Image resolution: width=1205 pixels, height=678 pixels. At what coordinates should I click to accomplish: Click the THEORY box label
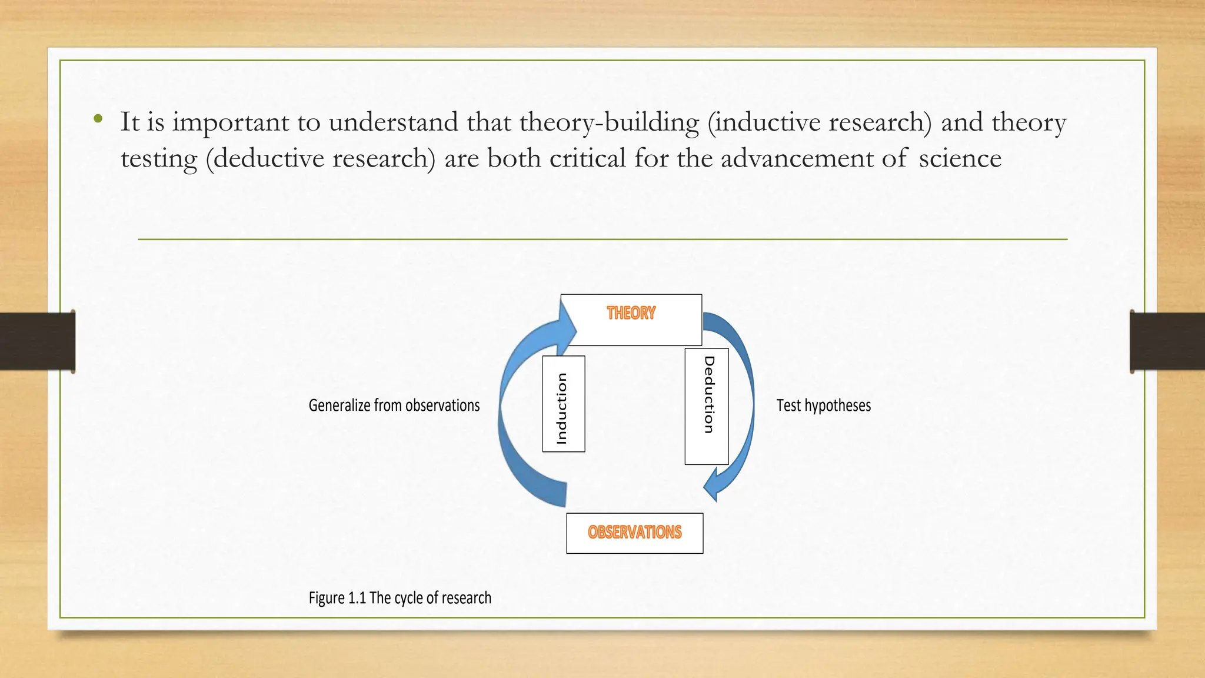631,313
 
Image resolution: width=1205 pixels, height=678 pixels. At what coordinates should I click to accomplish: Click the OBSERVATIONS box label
634,533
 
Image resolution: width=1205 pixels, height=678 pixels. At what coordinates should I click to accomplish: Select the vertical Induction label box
563,404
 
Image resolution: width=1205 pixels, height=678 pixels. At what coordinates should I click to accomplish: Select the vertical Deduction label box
707,406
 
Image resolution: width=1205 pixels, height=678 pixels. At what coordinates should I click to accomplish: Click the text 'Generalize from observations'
394,406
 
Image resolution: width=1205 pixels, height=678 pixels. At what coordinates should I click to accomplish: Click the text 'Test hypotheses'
823,406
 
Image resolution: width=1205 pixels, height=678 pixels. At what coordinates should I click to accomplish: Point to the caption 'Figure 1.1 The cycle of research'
400,598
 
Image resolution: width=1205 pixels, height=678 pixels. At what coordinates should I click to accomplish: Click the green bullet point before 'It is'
98,119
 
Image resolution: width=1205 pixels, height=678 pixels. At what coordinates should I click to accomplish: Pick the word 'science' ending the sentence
960,158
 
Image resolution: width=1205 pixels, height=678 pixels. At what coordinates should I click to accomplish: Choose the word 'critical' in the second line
587,158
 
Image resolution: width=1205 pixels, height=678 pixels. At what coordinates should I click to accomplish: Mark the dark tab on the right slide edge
1167,341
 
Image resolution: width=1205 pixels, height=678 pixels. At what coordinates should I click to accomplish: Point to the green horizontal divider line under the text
602,240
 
